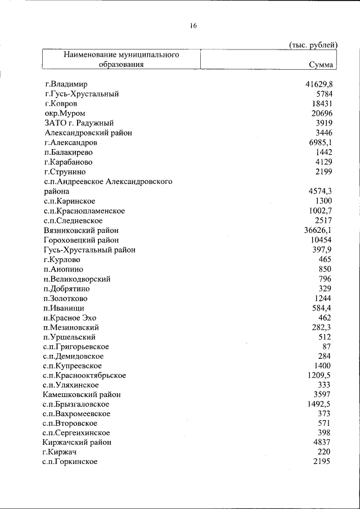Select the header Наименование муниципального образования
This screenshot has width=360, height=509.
[121, 60]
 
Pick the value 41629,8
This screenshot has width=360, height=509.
[319, 84]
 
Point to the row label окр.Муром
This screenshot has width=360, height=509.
[65, 114]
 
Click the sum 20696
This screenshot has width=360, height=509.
[322, 114]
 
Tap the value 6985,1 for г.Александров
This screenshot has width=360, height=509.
[321, 143]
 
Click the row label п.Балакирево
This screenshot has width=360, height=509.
[68, 152]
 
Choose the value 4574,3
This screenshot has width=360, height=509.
[321, 191]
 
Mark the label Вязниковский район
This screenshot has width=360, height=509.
[80, 230]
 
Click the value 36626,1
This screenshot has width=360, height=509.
[319, 230]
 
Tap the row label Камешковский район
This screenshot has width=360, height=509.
[82, 395]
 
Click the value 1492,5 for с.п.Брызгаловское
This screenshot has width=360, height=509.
[321, 404]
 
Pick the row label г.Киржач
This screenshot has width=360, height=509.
[60, 452]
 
